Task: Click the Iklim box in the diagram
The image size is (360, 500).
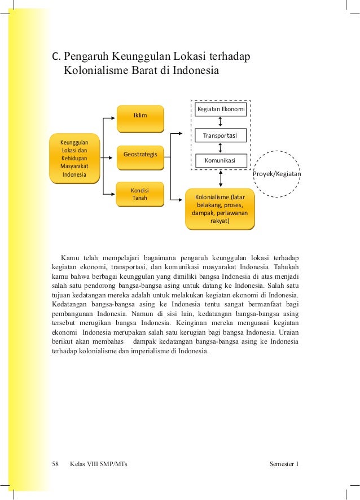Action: point(140,116)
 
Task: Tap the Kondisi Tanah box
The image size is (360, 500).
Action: point(139,193)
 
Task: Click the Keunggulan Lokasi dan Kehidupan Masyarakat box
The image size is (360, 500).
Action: point(74,157)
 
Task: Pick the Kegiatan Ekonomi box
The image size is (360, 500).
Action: point(220,109)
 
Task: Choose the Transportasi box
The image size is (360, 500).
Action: point(220,136)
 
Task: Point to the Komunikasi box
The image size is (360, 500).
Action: point(220,161)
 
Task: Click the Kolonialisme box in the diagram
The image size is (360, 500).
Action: point(219,209)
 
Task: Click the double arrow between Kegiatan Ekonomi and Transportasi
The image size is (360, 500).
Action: point(220,122)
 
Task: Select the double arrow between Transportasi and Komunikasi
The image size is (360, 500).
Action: point(220,148)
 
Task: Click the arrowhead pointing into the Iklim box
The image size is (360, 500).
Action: point(113,119)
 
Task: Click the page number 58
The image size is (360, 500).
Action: point(55,464)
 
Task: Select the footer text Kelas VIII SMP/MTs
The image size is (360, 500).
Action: point(99,464)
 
